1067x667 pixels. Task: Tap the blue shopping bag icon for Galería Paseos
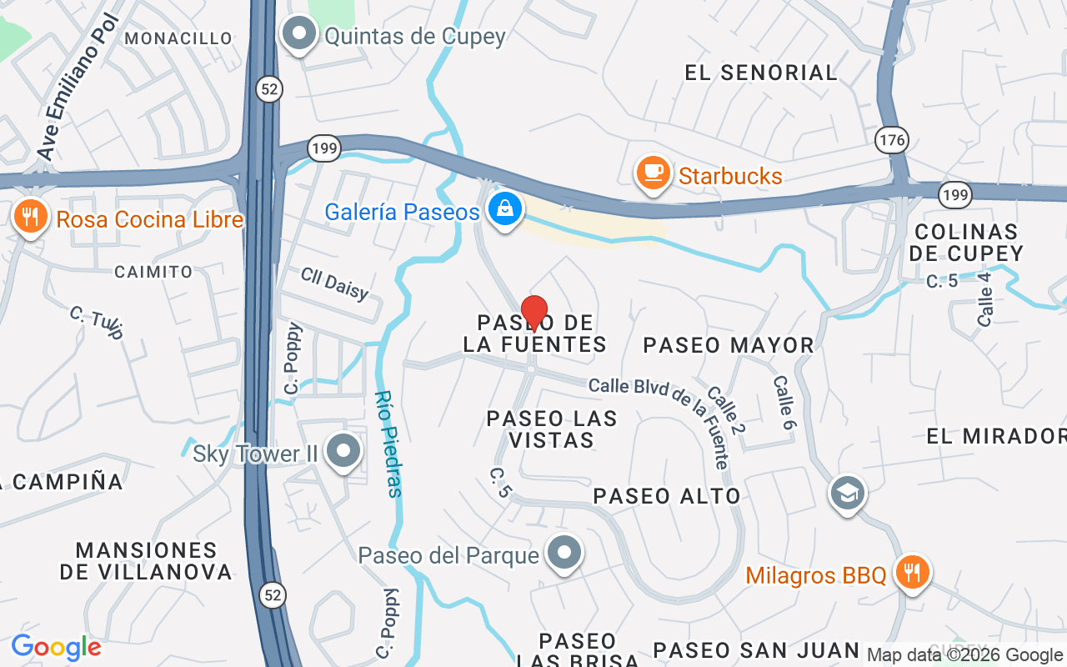pyautogui.click(x=505, y=208)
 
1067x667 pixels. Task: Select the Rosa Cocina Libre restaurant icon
pyautogui.click(x=30, y=218)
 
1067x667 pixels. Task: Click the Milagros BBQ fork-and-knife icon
pyautogui.click(x=913, y=573)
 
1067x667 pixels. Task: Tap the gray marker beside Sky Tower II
pyautogui.click(x=343, y=451)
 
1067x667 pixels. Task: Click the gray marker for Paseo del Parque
pyautogui.click(x=564, y=552)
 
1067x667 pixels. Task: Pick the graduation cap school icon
pyautogui.click(x=847, y=493)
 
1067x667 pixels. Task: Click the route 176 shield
pyautogui.click(x=892, y=140)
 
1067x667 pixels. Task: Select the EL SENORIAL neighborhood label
pyautogui.click(x=761, y=73)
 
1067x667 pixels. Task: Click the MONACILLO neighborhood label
pyautogui.click(x=178, y=38)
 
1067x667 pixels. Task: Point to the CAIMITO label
pyautogui.click(x=153, y=272)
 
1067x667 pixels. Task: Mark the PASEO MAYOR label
pyautogui.click(x=729, y=344)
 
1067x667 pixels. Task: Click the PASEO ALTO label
pyautogui.click(x=667, y=496)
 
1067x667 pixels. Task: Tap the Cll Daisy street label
pyautogui.click(x=334, y=283)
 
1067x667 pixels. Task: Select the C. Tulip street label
pyautogui.click(x=97, y=323)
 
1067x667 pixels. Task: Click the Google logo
pyautogui.click(x=56, y=647)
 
